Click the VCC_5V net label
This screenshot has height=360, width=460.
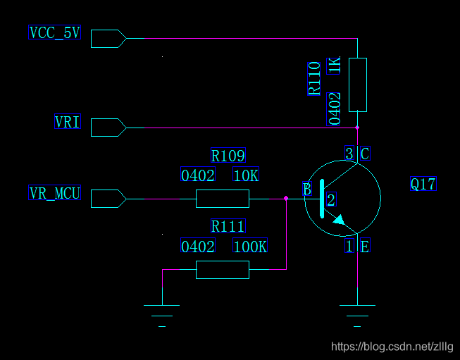click(x=54, y=32)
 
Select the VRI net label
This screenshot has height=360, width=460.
click(x=68, y=123)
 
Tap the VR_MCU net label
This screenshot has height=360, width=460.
click(x=54, y=193)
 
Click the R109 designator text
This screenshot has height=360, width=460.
click(x=228, y=156)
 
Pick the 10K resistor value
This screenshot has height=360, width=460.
click(x=246, y=175)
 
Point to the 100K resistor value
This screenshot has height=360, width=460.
click(x=250, y=247)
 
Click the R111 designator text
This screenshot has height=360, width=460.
click(x=228, y=226)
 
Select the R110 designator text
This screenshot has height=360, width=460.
click(x=314, y=77)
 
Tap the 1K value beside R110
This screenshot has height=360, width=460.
click(x=335, y=65)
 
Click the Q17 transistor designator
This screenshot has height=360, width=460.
click(x=423, y=185)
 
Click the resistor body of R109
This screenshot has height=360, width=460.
click(x=223, y=199)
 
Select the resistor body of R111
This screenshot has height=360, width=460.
click(x=223, y=269)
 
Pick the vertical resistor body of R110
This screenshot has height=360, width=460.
click(x=358, y=85)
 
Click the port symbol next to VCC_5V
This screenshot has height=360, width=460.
click(x=108, y=38)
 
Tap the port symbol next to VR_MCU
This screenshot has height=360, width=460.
click(x=108, y=199)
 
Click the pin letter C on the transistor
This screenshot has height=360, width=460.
click(x=364, y=154)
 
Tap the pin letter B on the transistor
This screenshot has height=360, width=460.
click(x=306, y=189)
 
